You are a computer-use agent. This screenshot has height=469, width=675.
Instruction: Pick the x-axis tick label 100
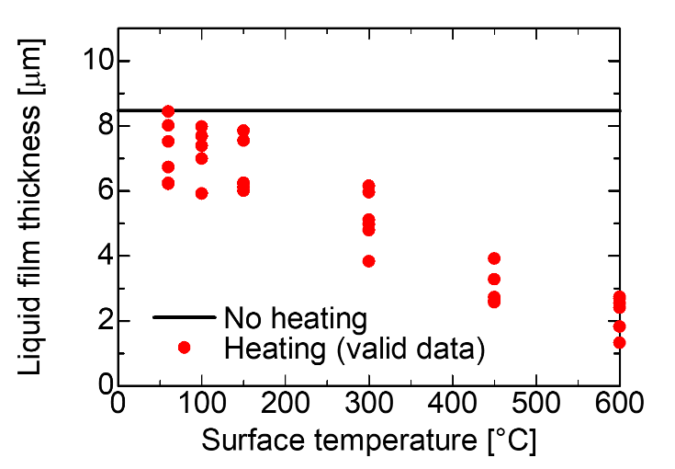pos(201,406)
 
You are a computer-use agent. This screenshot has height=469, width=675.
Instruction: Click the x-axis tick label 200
pos(285,406)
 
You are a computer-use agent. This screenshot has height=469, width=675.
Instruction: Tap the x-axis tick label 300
pos(368,406)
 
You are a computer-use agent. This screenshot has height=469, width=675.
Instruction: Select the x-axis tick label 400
pos(452,406)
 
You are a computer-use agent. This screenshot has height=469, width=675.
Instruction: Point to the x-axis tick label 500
pos(535,406)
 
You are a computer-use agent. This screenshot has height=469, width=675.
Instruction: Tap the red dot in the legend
pos(185,348)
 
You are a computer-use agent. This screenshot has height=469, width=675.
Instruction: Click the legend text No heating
pos(296,319)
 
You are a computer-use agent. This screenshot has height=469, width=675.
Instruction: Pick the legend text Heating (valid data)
pos(354,348)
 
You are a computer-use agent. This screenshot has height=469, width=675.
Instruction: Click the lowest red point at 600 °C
pos(620,342)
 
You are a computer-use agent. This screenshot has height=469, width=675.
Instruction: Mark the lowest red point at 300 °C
pos(368,261)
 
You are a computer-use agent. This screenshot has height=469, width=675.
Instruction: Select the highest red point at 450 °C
pos(494,258)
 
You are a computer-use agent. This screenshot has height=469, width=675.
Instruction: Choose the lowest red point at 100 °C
pos(201,193)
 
